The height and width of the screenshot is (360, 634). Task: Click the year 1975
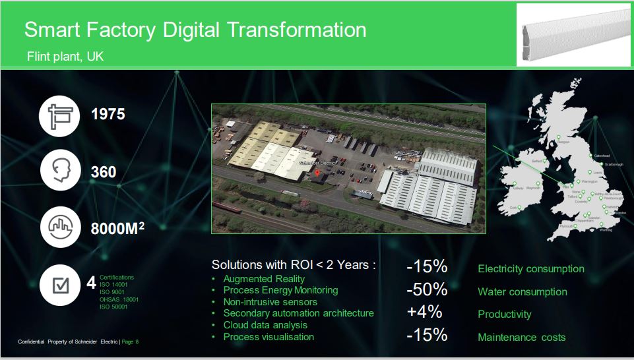point(108,114)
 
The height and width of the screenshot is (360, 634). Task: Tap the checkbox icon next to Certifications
point(60,285)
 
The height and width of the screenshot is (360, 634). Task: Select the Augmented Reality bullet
point(264,279)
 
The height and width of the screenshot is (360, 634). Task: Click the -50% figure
point(427,289)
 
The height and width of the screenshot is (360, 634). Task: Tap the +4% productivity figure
point(426,313)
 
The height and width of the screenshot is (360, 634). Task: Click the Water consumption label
point(522,292)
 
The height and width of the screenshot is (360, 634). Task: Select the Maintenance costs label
point(521,337)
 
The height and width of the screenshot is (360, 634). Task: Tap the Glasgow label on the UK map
point(563,142)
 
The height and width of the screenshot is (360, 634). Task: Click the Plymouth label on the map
point(566,226)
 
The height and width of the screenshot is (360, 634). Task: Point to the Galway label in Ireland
point(518,188)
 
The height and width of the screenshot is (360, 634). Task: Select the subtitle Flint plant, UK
point(65,57)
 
